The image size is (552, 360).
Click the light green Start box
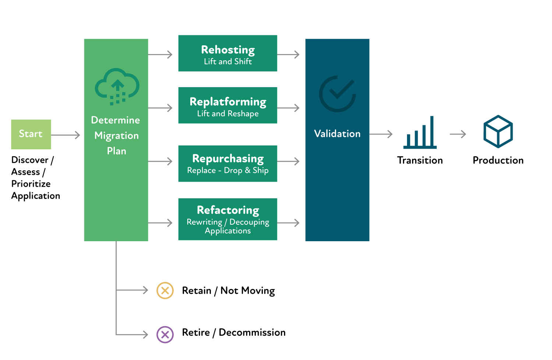(x=31, y=135)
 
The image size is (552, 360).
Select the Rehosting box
(x=228, y=53)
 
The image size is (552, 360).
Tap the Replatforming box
(x=228, y=106)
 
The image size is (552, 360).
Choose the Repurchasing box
(x=228, y=164)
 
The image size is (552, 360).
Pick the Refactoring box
(x=228, y=219)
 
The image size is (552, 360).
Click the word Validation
(x=337, y=134)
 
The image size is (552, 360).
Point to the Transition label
(x=420, y=160)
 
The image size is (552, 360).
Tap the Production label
(x=498, y=160)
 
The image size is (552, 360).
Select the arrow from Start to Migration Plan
(x=66, y=135)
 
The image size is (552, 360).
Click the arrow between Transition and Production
(x=458, y=134)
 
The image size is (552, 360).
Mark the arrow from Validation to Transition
(x=381, y=134)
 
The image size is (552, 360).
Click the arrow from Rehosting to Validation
(x=288, y=54)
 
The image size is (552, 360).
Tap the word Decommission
(x=252, y=332)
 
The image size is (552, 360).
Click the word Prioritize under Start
(x=31, y=184)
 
